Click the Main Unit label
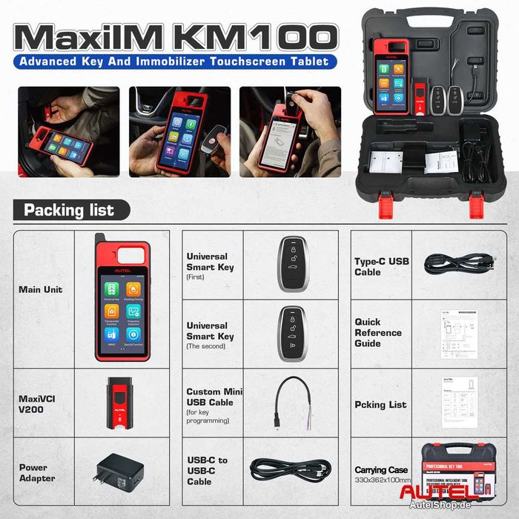point(40,289)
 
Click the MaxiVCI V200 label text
point(36,403)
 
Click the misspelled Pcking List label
point(380,405)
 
